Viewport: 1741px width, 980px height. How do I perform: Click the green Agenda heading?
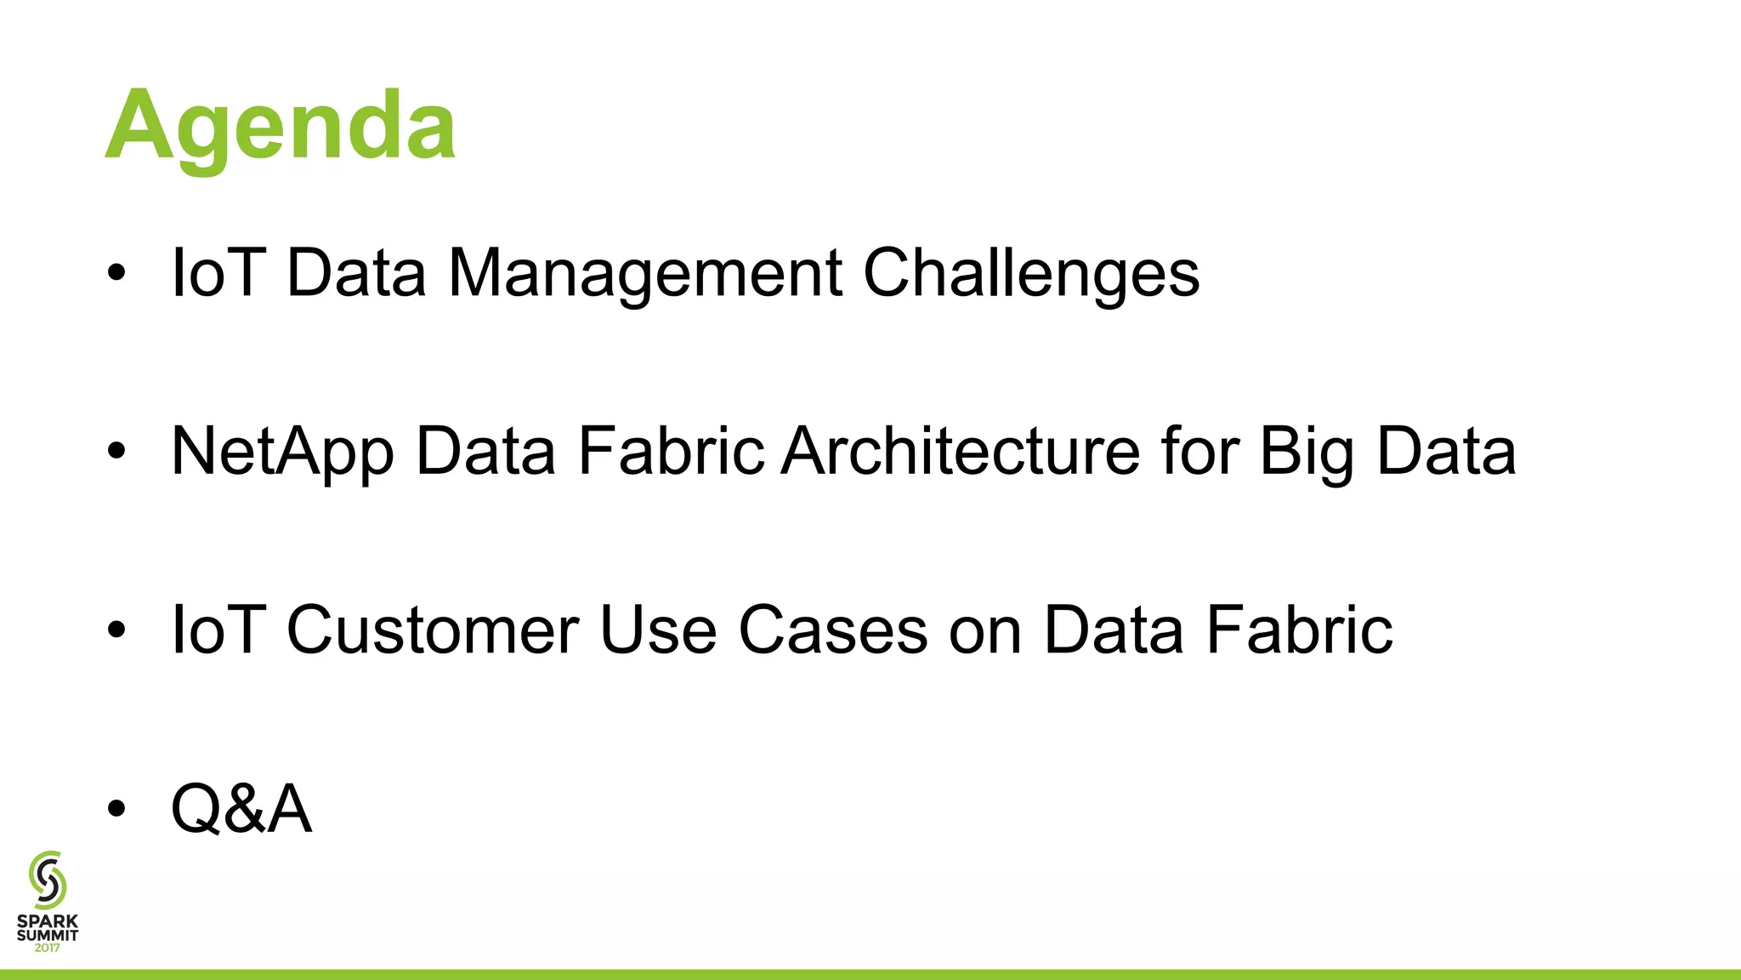click(x=281, y=126)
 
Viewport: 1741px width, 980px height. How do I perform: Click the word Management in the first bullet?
click(x=644, y=274)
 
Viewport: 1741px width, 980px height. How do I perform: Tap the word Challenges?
click(x=1030, y=274)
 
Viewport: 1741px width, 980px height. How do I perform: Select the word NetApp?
click(x=282, y=452)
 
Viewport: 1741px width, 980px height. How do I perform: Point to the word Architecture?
click(x=961, y=452)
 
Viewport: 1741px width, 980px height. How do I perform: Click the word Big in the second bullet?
click(x=1307, y=452)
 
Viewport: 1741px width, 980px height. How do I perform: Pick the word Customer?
click(x=433, y=630)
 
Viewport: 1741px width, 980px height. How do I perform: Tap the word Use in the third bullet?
click(x=658, y=630)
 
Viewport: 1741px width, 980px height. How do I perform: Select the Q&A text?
click(x=241, y=809)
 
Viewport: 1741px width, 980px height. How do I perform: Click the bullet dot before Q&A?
click(x=116, y=809)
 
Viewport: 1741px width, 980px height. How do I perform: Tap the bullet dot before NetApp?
click(x=116, y=452)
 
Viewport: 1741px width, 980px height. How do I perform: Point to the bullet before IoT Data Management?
click(x=116, y=274)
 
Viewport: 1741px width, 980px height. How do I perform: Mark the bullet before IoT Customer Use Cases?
click(x=116, y=630)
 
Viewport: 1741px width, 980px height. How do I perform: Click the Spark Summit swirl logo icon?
click(x=48, y=880)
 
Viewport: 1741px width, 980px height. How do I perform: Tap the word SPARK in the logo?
click(x=48, y=921)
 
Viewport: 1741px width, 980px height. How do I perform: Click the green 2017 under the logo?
click(x=48, y=948)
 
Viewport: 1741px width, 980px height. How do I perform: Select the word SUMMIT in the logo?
click(x=48, y=935)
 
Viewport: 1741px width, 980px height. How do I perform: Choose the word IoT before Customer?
click(x=218, y=630)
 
